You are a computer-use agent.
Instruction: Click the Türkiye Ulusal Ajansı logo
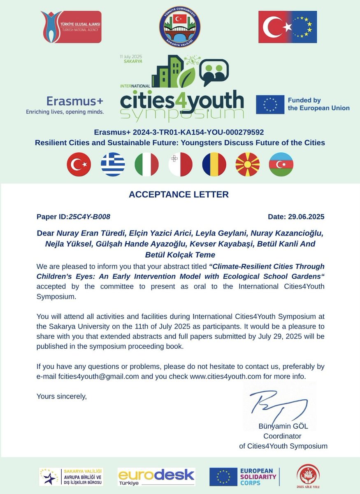[x=71, y=27]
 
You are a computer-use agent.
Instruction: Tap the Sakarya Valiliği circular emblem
[x=180, y=27]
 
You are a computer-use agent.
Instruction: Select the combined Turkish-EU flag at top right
[x=288, y=27]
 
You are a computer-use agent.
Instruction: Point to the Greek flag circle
[x=113, y=164]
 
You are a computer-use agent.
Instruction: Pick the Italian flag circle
[x=146, y=164]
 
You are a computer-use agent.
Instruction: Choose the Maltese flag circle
[x=180, y=164]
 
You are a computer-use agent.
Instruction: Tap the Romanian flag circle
[x=214, y=164]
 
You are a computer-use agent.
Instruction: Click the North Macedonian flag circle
[x=247, y=164]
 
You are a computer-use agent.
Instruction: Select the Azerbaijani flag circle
[x=281, y=164]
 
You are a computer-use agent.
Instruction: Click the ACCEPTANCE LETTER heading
[x=179, y=194]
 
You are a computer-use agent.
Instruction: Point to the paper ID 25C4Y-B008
[x=89, y=217]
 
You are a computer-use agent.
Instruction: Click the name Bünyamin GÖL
[x=283, y=426]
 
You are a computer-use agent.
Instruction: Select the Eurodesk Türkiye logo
[x=156, y=476]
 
